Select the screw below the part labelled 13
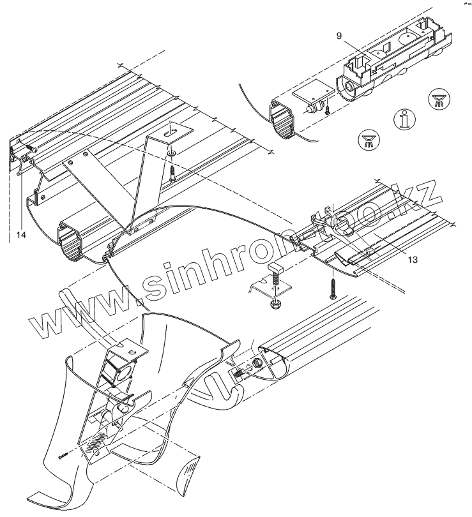(x=333, y=288)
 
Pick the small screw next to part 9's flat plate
(x=326, y=111)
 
